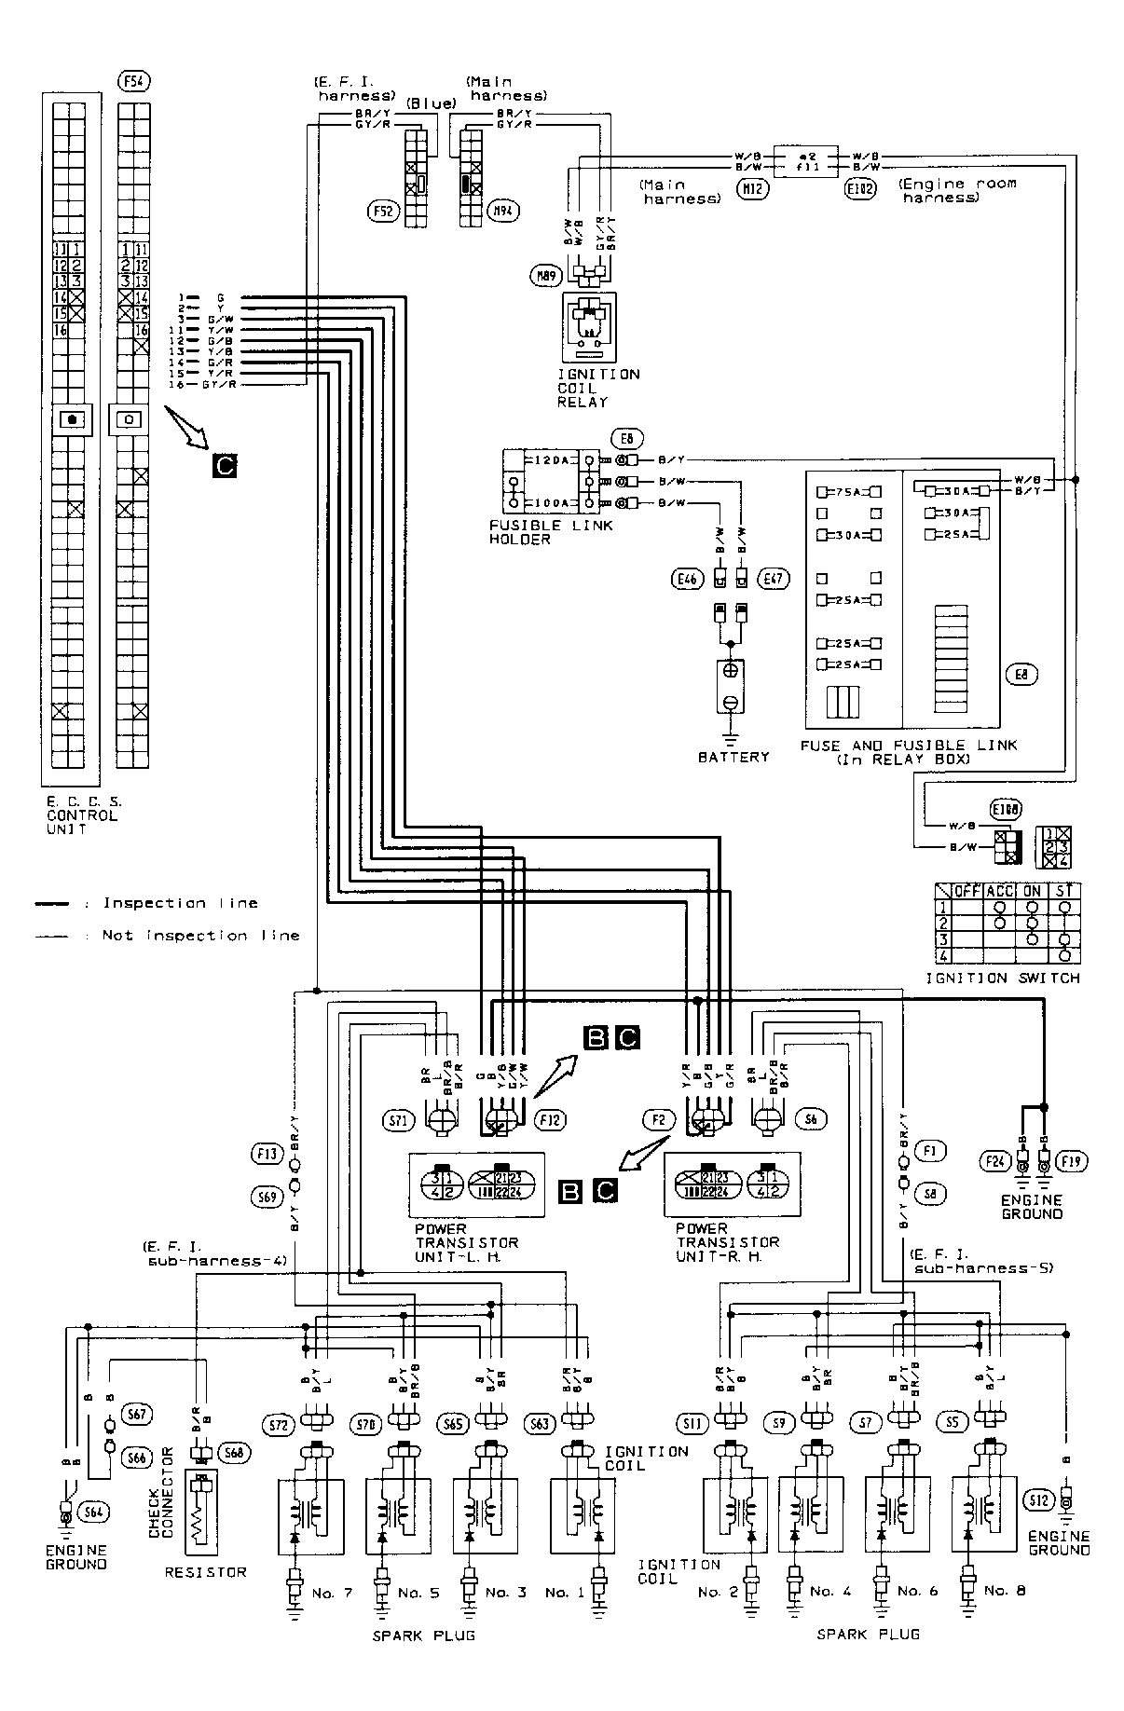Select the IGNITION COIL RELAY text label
(597, 388)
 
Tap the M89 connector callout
(544, 275)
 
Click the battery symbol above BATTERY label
(731, 684)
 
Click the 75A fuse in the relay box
(848, 491)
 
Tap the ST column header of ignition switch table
(1063, 890)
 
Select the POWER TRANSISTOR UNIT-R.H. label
(727, 1241)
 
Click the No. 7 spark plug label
(332, 1593)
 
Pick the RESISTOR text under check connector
(205, 1571)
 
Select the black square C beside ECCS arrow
(224, 465)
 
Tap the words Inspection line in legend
(180, 902)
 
